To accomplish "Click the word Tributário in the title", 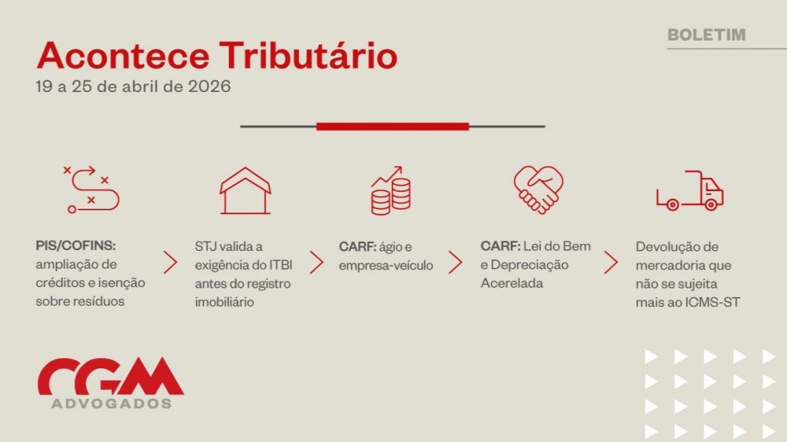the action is click(x=308, y=55).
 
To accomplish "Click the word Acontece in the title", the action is click(x=123, y=55).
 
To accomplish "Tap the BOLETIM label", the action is click(x=706, y=35).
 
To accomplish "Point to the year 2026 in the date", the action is click(x=209, y=86).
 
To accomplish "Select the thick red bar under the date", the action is click(x=393, y=127).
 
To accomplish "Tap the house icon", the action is click(x=245, y=190).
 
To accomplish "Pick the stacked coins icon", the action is click(x=390, y=190).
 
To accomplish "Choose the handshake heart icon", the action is click(x=538, y=190).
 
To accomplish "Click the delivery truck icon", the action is click(x=689, y=190).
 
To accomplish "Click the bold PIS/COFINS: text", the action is click(x=76, y=246).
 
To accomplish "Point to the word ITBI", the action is click(x=281, y=265).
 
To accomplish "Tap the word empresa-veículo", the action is click(x=386, y=265).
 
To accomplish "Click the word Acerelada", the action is click(x=512, y=283).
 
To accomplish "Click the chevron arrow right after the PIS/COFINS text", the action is click(x=170, y=262).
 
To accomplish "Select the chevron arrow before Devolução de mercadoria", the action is click(x=610, y=262).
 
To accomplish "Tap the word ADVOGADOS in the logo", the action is click(x=111, y=404).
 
